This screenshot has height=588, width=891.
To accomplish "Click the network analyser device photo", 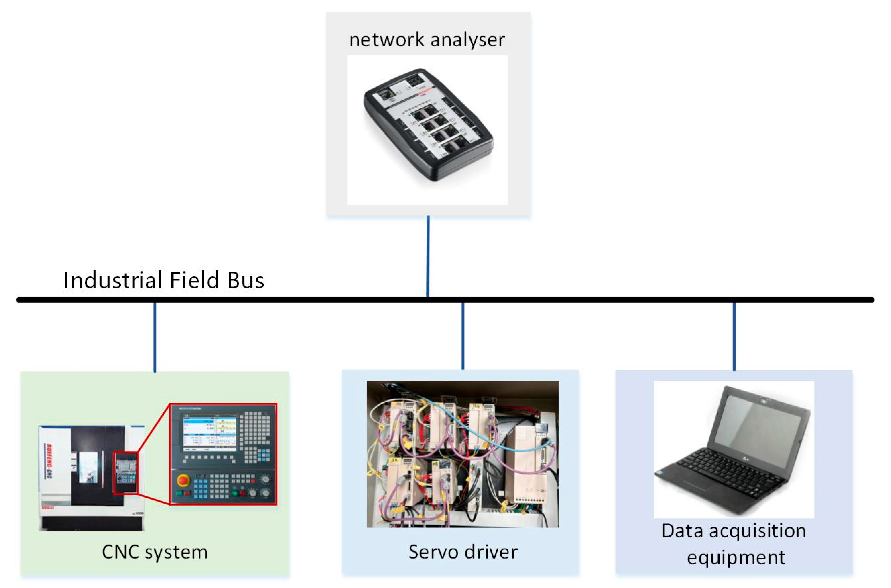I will click(x=428, y=126).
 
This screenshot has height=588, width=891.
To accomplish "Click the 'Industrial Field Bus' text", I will click(x=164, y=280).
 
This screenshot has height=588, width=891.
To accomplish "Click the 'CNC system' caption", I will click(x=155, y=552).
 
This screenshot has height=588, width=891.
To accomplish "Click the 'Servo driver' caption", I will click(x=463, y=552).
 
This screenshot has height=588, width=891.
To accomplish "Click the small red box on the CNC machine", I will click(x=126, y=474).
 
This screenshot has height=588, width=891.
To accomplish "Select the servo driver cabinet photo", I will click(x=462, y=454).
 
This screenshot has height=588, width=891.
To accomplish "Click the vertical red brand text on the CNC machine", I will click(x=49, y=461).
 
